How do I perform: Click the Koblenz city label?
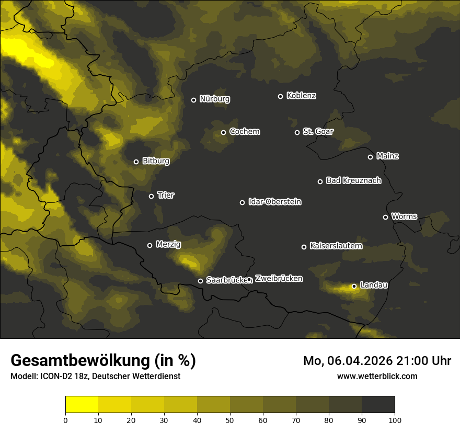coord(301,96)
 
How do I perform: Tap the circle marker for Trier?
coord(152,196)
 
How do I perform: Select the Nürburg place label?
coord(214,99)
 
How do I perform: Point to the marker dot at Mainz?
coord(370,157)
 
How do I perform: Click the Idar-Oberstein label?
coord(274,202)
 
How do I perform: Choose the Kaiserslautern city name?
coord(336,246)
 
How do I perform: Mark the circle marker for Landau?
coord(354,286)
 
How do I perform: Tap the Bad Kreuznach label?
coord(353,180)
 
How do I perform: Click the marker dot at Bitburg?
coord(136,162)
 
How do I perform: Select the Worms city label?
coord(404,216)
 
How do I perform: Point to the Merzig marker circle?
coord(149,245)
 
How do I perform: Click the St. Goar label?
coord(318,131)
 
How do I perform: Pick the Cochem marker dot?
coord(223,132)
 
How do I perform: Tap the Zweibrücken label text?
coord(279,278)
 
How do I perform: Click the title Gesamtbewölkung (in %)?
coord(103,361)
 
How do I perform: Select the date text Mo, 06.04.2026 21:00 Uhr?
coord(377,361)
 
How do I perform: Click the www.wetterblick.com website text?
coord(377,376)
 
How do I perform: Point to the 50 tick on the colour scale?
coord(230,419)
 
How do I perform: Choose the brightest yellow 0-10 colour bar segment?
coord(82,404)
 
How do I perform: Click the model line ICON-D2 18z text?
coord(95,376)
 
